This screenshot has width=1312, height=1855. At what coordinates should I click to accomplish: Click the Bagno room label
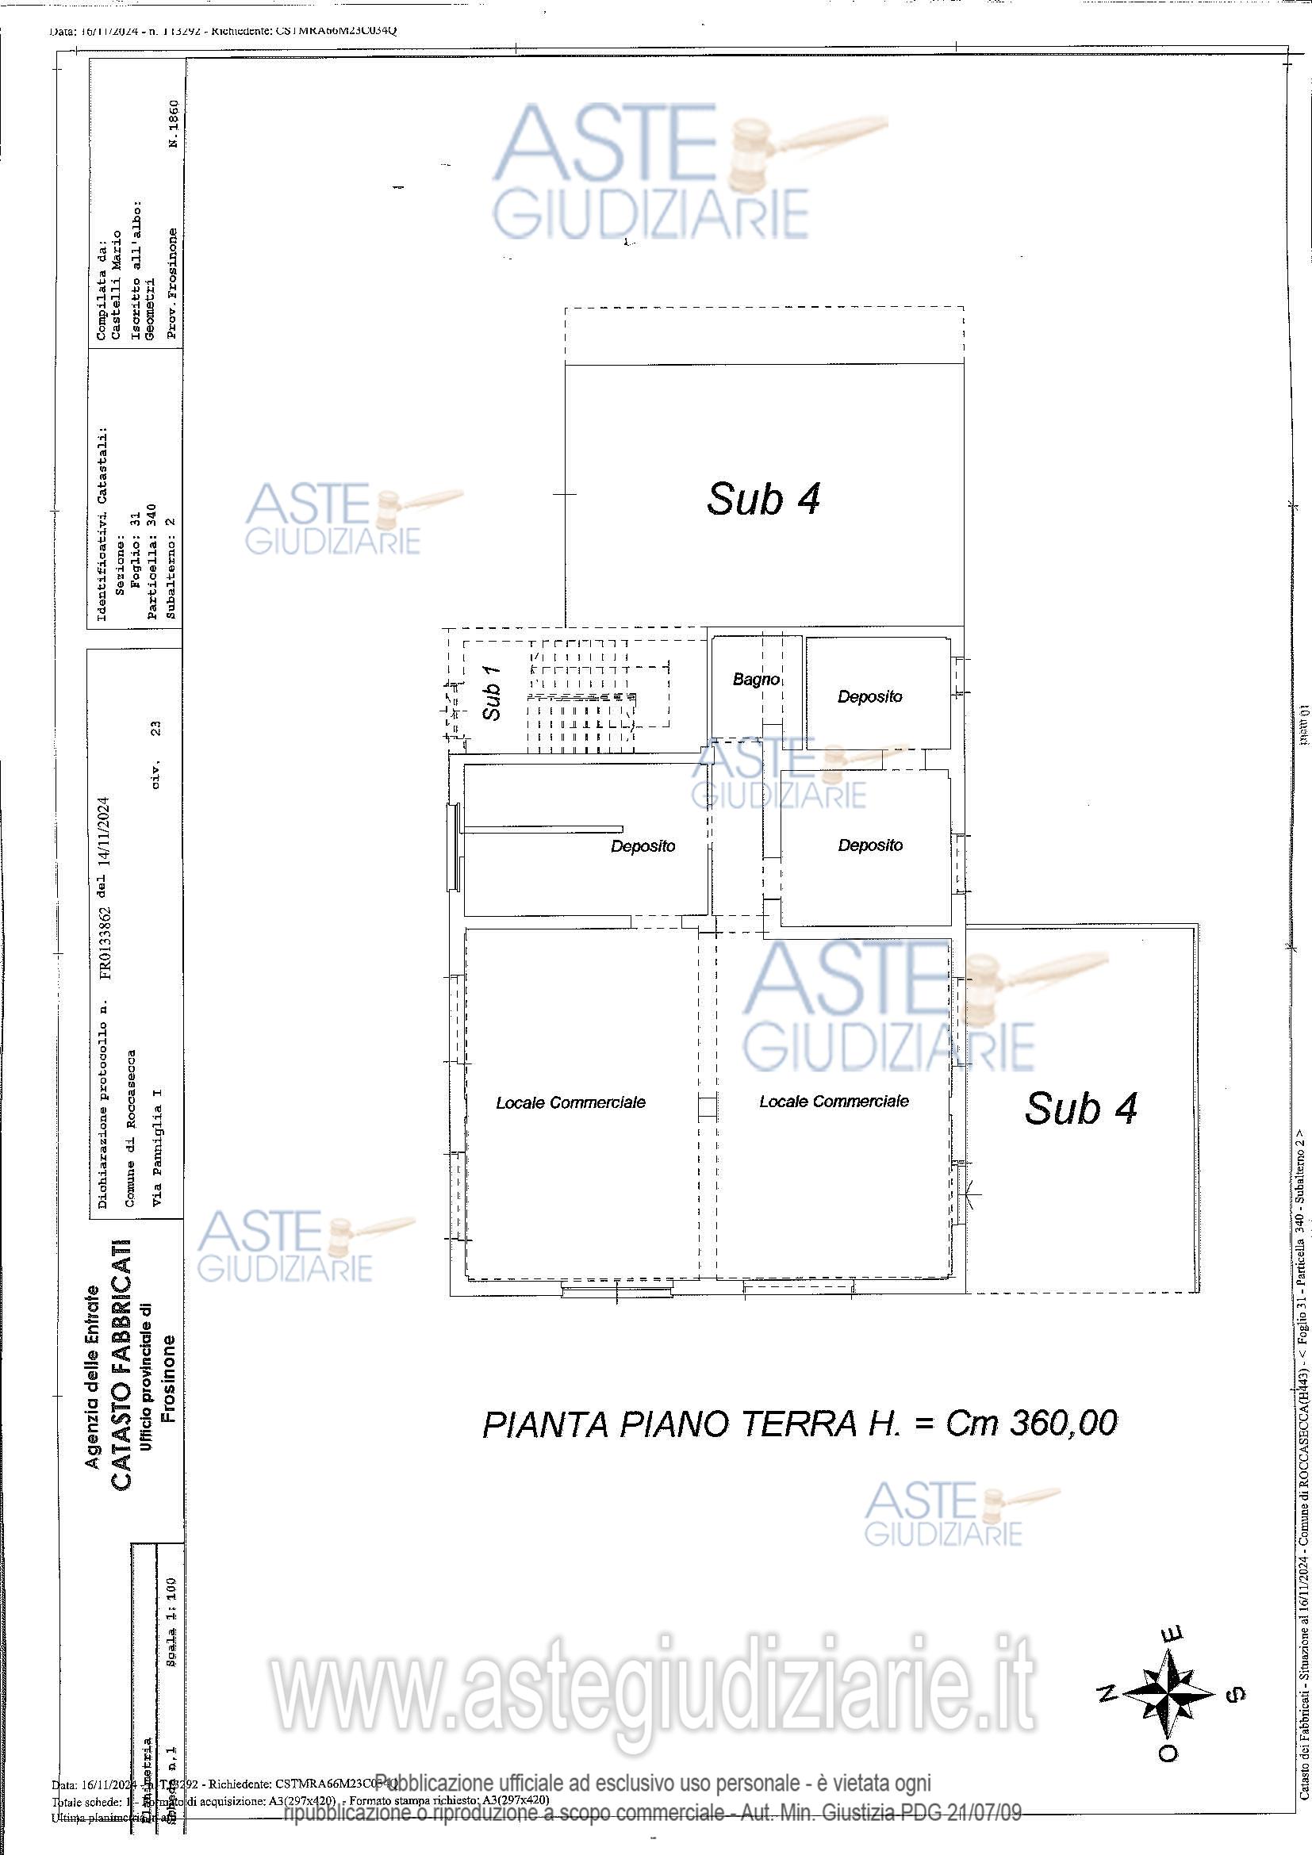(x=755, y=680)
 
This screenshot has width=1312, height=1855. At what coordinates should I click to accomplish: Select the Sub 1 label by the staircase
(x=491, y=693)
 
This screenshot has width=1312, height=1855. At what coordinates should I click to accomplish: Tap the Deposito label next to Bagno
(x=869, y=696)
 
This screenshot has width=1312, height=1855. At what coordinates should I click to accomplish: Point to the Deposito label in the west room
(x=643, y=846)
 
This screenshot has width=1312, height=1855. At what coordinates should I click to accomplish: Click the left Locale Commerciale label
(x=570, y=1103)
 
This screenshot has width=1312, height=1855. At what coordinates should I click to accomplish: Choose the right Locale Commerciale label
(x=834, y=1102)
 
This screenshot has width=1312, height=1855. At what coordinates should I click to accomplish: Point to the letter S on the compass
(x=1236, y=1717)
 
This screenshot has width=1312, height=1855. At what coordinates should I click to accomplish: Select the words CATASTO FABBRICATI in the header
(x=121, y=1365)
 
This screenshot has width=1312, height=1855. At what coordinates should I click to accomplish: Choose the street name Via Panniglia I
(x=158, y=1148)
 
